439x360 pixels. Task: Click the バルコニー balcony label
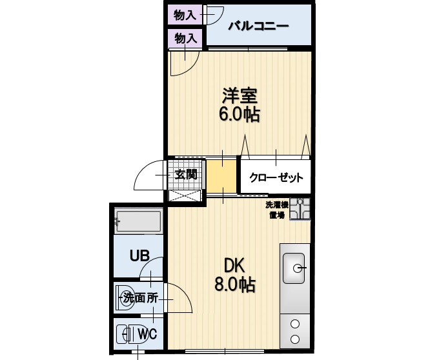point(258,27)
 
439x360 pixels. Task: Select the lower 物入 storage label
point(185,38)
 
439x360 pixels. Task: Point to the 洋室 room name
point(240,96)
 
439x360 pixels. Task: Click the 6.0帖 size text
point(240,115)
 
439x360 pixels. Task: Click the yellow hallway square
point(221,175)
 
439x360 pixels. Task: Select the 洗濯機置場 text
point(277,210)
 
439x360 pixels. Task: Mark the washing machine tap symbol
point(300,209)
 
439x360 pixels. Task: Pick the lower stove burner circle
point(296,339)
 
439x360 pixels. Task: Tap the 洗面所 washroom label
point(141,298)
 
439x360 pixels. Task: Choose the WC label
point(148,334)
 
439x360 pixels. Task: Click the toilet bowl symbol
point(124,334)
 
